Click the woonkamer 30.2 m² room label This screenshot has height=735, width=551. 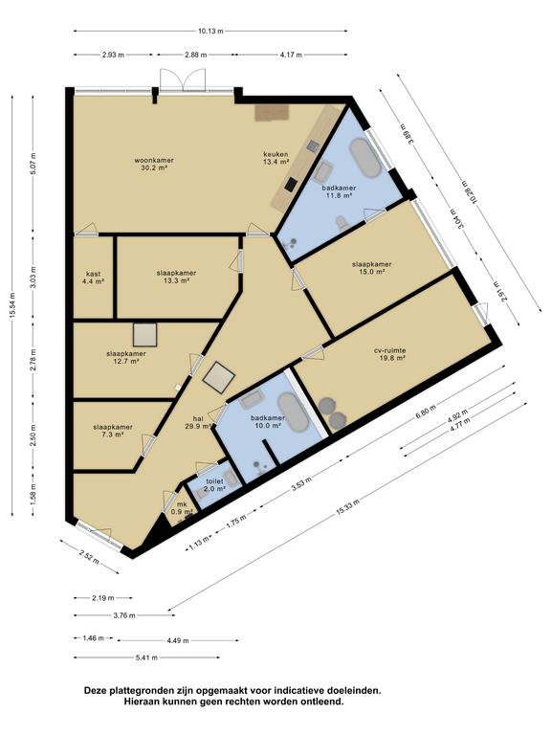154,164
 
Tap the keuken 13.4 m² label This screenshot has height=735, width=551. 275,158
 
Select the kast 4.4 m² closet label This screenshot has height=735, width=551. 93,278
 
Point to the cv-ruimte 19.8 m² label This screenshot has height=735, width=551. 390,354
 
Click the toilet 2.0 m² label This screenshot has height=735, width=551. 215,484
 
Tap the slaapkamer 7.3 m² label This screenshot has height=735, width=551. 113,431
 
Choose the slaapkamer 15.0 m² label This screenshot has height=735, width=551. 371,268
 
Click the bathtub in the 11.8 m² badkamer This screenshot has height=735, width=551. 365,158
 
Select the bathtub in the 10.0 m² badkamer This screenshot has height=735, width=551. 294,412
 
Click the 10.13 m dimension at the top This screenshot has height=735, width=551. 210,32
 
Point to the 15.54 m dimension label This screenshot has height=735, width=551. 12,305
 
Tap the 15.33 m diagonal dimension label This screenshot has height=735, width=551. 347,508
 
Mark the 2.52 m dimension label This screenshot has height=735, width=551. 89,557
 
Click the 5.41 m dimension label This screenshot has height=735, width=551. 146,657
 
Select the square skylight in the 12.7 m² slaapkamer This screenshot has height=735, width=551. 144,335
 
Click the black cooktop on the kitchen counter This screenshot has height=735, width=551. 291,184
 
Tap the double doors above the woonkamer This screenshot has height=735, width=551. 183,79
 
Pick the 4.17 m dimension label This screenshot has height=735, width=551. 291,55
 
